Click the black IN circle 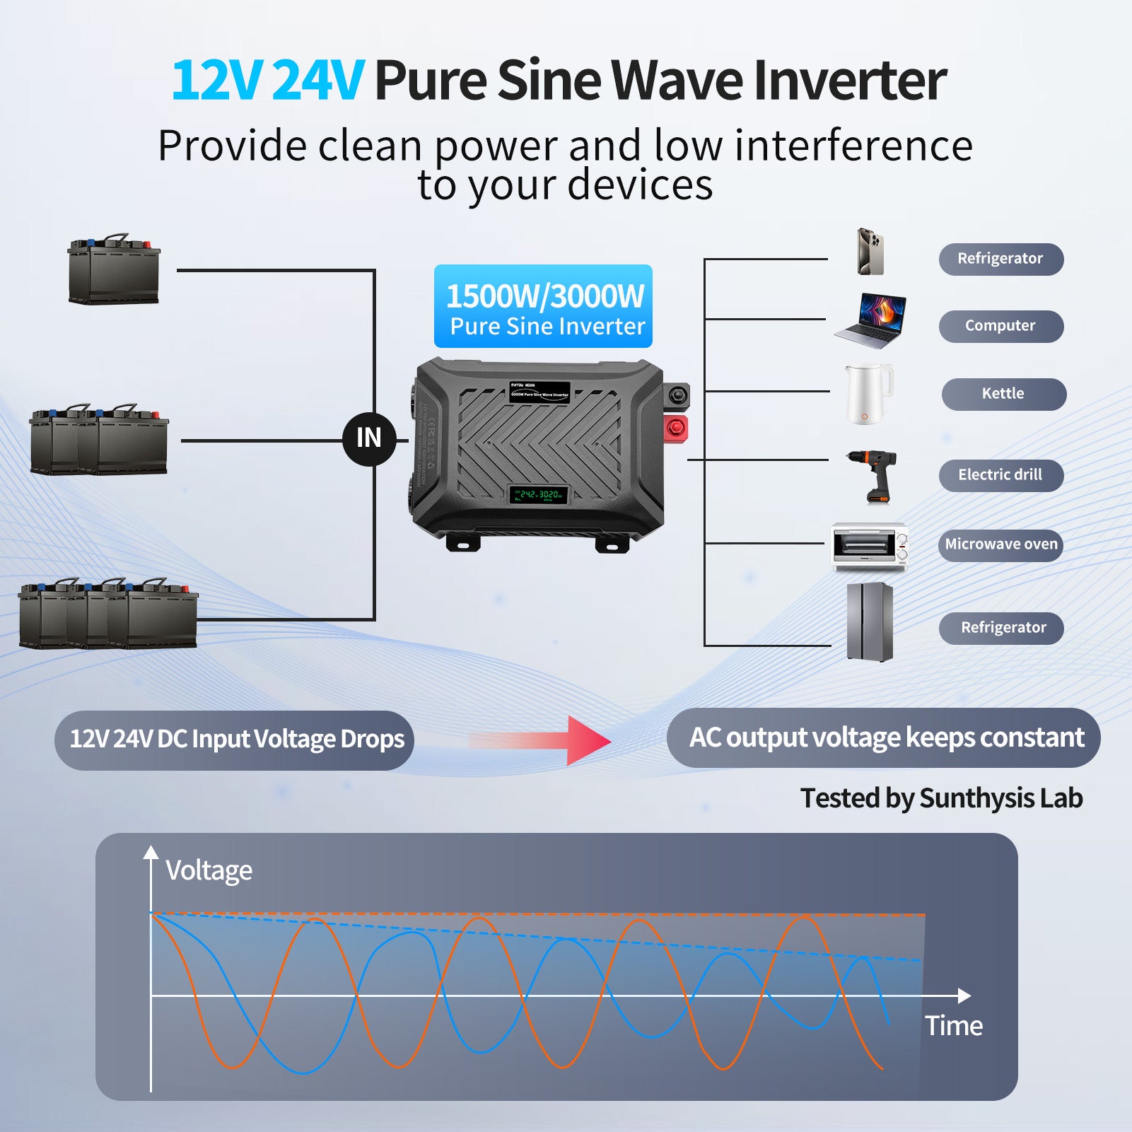368,438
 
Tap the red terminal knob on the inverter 676,427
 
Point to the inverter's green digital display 539,494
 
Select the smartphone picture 870,252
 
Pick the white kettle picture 868,393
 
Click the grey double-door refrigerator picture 870,622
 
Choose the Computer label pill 1000,326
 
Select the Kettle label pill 1003,394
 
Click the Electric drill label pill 1000,475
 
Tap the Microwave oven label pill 1000,545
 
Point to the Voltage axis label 209,870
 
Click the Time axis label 954,1026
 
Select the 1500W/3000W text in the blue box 544,296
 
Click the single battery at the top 114,269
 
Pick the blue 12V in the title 216,81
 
